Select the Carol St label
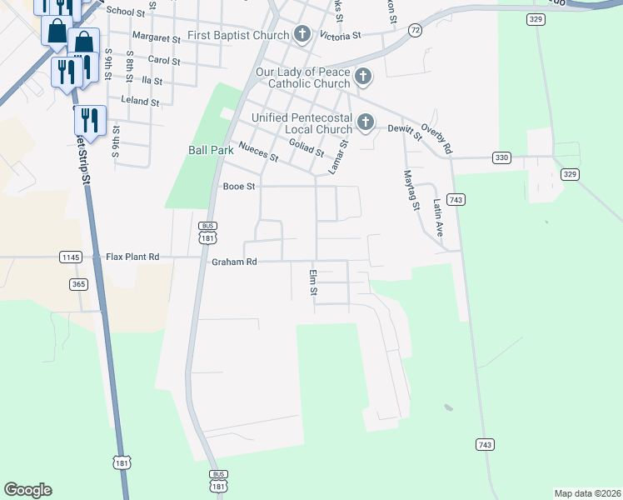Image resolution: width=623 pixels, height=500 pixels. click(x=163, y=60)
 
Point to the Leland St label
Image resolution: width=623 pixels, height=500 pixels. click(x=139, y=102)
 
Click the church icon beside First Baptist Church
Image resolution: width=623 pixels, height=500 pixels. click(x=302, y=35)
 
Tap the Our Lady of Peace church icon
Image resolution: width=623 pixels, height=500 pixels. click(x=362, y=77)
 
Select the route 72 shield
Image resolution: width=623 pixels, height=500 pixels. click(x=415, y=29)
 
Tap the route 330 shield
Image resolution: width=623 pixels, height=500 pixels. click(x=501, y=157)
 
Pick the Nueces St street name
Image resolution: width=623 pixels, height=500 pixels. click(x=257, y=150)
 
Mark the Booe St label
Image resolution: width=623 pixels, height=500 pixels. click(x=238, y=187)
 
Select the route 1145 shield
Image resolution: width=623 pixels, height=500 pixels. click(x=71, y=257)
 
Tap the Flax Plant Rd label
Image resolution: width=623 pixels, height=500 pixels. click(x=132, y=257)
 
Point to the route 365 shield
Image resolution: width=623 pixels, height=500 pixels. click(x=78, y=284)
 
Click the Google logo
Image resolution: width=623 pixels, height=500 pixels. click(x=27, y=490)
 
